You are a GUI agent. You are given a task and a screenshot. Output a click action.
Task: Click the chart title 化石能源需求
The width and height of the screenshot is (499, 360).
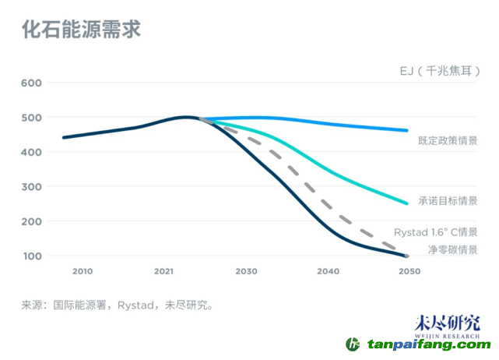[x=81, y=31]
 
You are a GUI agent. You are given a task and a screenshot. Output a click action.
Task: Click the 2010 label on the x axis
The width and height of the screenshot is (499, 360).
[x=83, y=271]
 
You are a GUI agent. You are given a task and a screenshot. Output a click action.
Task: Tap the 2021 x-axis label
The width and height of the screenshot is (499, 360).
[x=163, y=271]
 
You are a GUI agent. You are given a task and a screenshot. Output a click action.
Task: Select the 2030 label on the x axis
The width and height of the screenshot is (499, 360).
[x=246, y=271]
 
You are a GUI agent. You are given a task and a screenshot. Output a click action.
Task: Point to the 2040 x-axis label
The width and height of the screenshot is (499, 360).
[x=328, y=271]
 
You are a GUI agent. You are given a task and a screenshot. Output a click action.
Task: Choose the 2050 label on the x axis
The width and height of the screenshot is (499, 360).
[x=409, y=271]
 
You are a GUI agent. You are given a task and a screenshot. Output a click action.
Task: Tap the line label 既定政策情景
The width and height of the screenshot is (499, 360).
[x=448, y=141]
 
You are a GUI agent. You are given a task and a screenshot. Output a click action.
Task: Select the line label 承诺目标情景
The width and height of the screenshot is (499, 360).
[x=448, y=201]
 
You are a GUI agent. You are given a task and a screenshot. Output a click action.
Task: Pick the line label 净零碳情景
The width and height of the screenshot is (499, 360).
[x=452, y=249]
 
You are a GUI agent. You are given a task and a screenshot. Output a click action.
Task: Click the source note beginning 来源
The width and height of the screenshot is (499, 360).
[x=118, y=305]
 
